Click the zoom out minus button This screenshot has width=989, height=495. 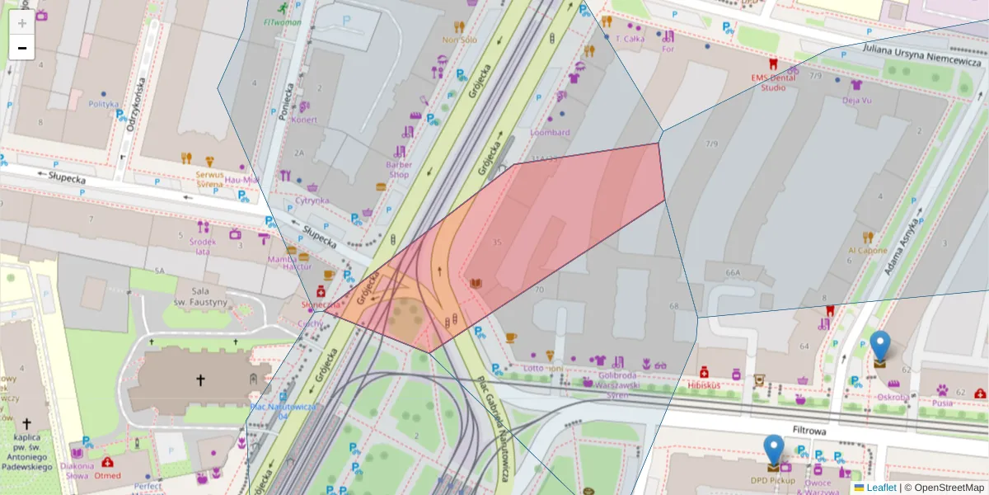22,48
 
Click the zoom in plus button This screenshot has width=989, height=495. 22,22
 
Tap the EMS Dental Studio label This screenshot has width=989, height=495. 773,82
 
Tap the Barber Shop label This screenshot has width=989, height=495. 399,169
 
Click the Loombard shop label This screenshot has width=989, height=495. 550,133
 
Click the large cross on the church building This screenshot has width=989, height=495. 199,380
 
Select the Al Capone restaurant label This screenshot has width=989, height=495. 868,251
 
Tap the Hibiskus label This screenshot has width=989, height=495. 705,385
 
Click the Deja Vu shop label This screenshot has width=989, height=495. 857,101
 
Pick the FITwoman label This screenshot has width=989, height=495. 284,21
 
